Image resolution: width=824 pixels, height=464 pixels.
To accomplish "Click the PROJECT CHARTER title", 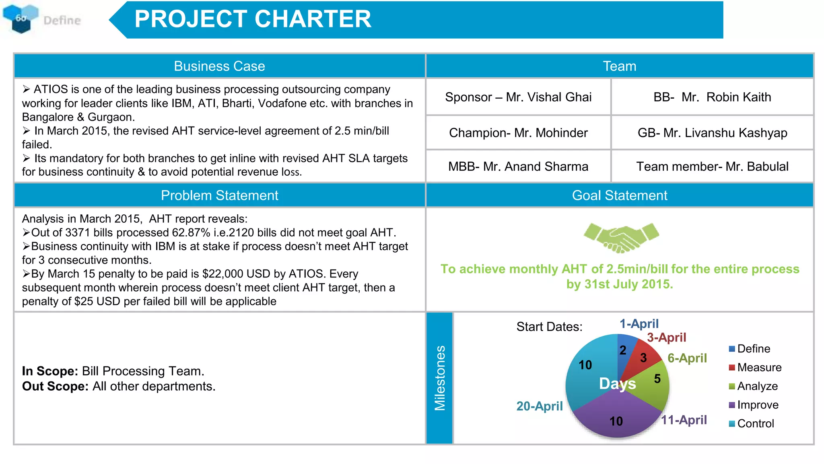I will [253, 19].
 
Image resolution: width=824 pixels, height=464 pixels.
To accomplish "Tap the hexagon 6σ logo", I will [21, 18].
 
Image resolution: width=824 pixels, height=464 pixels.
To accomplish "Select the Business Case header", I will [219, 66].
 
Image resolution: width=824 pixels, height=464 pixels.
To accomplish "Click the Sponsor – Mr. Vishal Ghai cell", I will [518, 97].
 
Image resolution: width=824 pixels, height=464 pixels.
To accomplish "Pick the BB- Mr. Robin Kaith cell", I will [712, 97].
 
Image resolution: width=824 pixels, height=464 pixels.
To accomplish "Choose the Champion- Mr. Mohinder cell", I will [518, 133].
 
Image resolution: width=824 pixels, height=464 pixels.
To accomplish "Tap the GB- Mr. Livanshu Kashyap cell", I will [712, 133].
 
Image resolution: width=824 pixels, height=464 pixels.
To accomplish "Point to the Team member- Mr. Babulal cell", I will [712, 166].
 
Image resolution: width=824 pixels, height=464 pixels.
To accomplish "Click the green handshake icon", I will [621, 237].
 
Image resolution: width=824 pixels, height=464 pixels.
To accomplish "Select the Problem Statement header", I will [219, 195].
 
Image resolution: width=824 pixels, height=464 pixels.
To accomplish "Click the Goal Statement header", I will [620, 195].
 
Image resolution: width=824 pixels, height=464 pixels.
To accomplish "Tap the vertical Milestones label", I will [440, 378].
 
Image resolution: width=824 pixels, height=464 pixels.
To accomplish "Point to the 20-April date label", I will [540, 406].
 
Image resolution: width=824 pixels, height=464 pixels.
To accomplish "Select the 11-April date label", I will [684, 420].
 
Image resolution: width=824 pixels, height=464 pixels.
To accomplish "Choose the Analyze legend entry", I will [753, 386].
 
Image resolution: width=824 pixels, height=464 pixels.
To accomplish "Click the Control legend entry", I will [752, 424].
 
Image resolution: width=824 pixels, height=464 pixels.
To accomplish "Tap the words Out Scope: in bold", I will [55, 386].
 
